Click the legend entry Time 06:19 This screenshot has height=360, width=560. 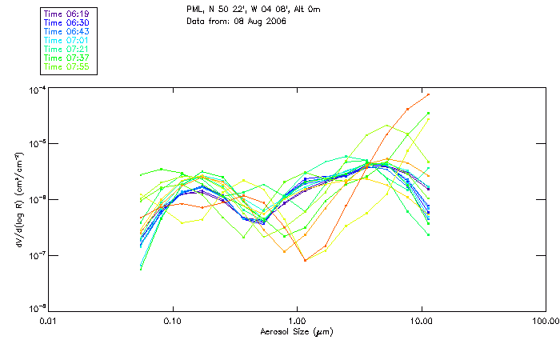coord(66,14)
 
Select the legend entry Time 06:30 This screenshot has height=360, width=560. coord(66,23)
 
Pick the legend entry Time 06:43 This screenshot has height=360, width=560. coord(66,31)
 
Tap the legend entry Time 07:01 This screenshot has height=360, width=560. coord(66,40)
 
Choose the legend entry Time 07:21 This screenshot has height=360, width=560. coord(66,49)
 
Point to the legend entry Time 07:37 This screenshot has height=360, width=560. coord(66,58)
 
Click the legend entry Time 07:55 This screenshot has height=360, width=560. coord(66,66)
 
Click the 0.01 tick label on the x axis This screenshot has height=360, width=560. coord(49,321)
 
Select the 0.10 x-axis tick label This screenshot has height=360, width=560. coord(173,321)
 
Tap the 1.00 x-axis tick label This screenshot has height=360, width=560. coord(297,321)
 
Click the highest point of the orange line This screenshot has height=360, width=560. coord(429,94)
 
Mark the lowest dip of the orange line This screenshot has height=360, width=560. coord(305,260)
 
